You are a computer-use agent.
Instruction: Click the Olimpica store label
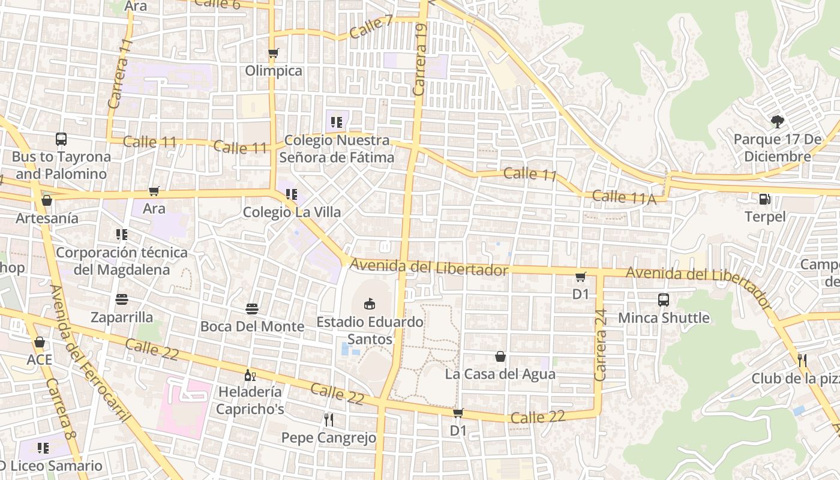point(274,71)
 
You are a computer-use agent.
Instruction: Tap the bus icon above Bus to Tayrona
point(61,139)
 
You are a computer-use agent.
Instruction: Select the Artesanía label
point(47,218)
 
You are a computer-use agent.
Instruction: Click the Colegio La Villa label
point(292,212)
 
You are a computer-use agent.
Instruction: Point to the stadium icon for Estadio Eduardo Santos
point(370,304)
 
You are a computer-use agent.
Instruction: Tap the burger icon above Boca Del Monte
point(252,309)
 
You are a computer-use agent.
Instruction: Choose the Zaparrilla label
point(122,317)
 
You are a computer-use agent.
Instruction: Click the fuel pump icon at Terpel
point(765,199)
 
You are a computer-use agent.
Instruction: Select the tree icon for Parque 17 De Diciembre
point(778,122)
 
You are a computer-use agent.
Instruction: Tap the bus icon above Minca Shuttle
point(664,300)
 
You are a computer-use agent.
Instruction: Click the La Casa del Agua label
point(500,374)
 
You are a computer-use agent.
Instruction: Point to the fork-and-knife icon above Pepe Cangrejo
point(328,419)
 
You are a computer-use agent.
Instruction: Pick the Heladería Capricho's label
point(250,400)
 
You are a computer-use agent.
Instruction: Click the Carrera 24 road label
point(601,344)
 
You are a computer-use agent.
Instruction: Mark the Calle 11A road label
point(624,197)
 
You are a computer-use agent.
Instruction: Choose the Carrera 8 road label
point(60,417)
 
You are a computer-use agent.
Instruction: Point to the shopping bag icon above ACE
point(40,342)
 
